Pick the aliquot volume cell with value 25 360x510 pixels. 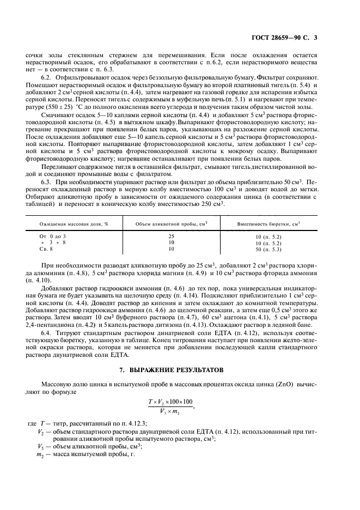[x=172, y=236]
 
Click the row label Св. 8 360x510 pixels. [x=46, y=249]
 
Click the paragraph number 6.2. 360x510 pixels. [x=47, y=78]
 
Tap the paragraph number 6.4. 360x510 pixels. [x=47, y=317]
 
